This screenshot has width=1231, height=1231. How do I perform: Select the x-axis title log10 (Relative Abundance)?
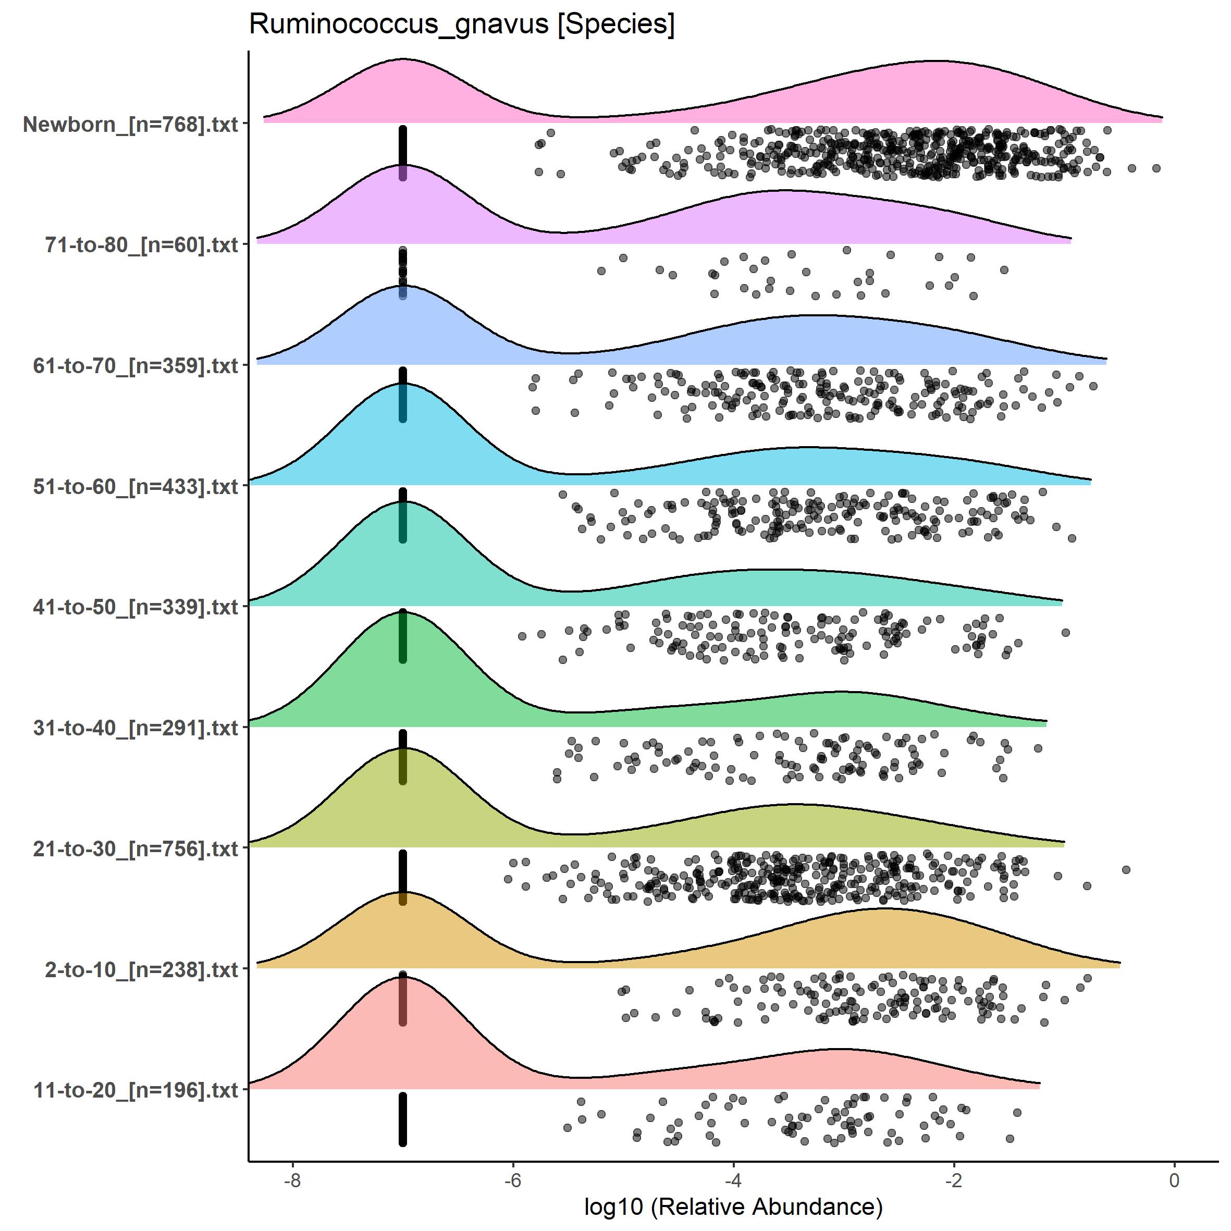click(733, 1206)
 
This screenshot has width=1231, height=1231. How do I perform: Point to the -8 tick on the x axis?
click(292, 1180)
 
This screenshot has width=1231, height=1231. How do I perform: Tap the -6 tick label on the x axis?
click(513, 1180)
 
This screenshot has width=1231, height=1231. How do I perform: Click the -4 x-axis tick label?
click(733, 1180)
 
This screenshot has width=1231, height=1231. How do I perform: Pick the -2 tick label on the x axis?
click(954, 1180)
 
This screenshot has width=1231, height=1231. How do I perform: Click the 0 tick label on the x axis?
click(1174, 1180)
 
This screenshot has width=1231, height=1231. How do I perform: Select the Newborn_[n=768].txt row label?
click(131, 124)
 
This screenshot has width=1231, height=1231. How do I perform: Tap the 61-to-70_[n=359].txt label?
click(136, 366)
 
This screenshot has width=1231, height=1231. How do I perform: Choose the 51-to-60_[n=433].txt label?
click(136, 486)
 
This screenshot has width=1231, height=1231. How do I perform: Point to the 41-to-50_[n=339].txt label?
click(136, 607)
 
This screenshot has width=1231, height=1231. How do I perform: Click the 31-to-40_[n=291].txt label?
click(136, 728)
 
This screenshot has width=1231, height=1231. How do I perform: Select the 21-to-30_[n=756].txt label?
click(136, 848)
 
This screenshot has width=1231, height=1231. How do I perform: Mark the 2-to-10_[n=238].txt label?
click(141, 969)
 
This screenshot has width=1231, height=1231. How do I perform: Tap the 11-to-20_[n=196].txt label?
click(136, 1090)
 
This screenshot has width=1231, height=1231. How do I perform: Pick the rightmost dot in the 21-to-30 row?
click(1126, 870)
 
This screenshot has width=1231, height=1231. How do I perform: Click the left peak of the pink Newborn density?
click(403, 59)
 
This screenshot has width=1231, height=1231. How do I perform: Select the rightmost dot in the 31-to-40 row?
click(1038, 748)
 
